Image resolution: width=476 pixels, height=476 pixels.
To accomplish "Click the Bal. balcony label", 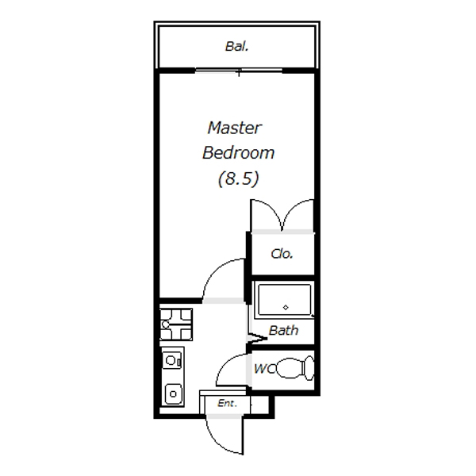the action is [x=236, y=47].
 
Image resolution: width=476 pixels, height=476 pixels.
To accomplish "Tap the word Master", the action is [x=234, y=128].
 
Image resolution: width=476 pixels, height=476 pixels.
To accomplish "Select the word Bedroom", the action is [x=238, y=152].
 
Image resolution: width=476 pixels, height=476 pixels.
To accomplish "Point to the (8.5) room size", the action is [x=238, y=178].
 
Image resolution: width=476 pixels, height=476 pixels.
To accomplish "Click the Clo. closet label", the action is [x=282, y=254].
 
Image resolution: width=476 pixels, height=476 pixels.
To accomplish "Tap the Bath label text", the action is [x=283, y=330].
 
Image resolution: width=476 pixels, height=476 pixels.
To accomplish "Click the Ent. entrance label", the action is [x=227, y=403].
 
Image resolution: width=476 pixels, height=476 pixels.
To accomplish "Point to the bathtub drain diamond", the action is [x=286, y=308].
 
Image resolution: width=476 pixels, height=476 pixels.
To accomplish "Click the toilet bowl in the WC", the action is [x=290, y=368].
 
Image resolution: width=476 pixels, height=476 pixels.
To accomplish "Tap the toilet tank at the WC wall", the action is [x=309, y=368].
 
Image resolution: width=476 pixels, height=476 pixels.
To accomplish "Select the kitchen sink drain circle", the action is [x=173, y=394].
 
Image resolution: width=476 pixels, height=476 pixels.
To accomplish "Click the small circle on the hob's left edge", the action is [x=166, y=324].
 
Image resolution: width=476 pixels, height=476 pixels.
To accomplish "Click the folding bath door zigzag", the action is [x=256, y=338].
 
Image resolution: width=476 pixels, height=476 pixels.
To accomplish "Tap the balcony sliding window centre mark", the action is [x=239, y=73].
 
